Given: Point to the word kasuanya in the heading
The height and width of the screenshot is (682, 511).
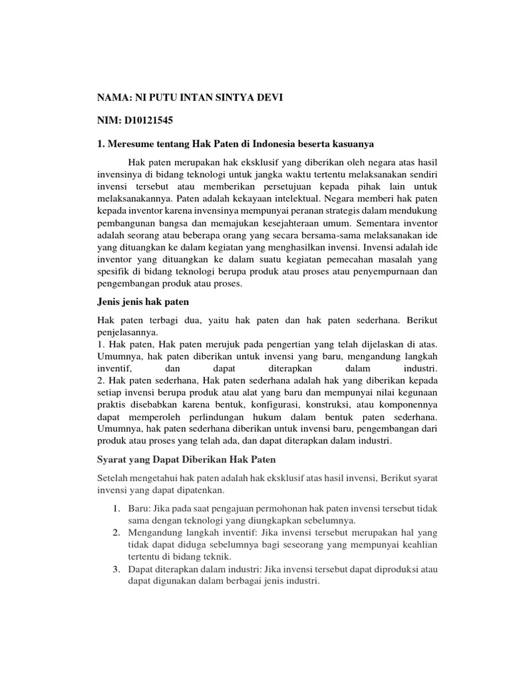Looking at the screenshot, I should (x=353, y=143).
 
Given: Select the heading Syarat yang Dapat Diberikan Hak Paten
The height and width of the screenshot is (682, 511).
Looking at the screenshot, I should (x=187, y=460).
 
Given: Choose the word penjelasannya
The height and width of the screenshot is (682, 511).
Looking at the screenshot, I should (x=128, y=330).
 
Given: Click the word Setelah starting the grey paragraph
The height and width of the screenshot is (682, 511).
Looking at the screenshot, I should (x=114, y=478).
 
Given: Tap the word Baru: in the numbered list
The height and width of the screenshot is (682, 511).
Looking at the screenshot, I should (x=139, y=508).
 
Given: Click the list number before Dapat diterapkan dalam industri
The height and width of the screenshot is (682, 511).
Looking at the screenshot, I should (x=115, y=569).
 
